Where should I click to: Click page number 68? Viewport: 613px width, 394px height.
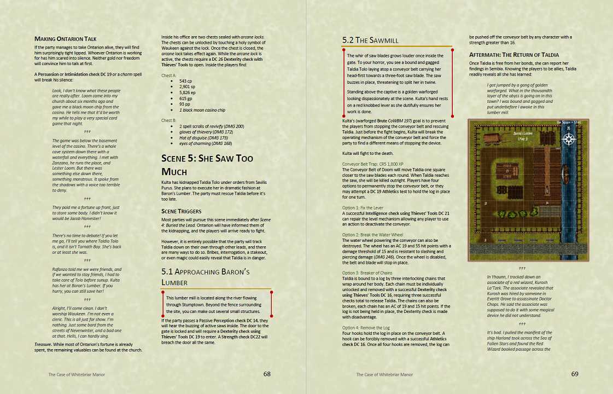[267, 374]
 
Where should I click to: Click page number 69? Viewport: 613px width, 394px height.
[575, 374]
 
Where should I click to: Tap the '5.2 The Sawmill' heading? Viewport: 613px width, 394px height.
[370, 40]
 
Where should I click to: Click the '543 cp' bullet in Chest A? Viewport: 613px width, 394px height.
[186, 81]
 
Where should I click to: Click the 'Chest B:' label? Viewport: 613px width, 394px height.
[169, 120]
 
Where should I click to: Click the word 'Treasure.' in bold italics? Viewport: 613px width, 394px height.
[46, 344]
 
